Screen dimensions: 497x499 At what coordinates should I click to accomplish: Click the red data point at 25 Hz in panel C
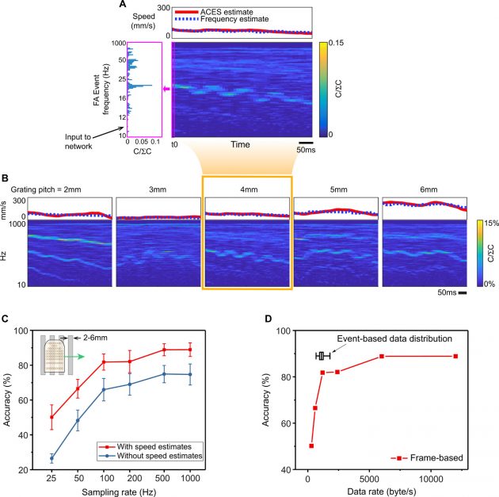[x=51, y=417]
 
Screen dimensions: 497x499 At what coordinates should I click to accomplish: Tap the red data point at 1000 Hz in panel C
[x=189, y=350]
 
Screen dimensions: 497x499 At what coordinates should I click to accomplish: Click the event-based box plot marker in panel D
[x=322, y=356]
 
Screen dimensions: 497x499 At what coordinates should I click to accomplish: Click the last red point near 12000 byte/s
[x=455, y=356]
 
